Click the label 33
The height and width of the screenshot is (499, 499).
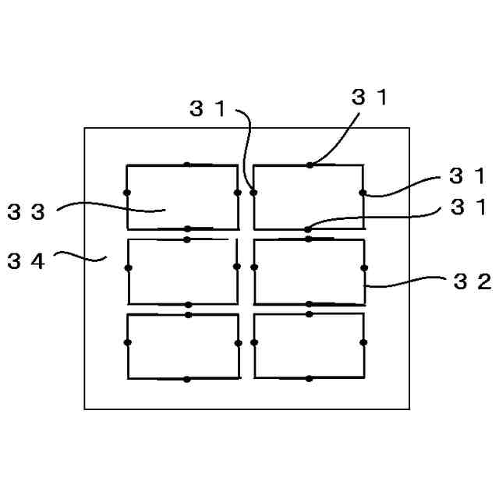pyautogui.click(x=27, y=212)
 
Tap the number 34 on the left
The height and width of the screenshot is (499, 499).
pyautogui.click(x=27, y=261)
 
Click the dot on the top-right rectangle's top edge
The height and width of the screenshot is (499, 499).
pyautogui.click(x=310, y=165)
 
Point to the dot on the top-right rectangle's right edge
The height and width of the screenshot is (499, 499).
pyautogui.click(x=363, y=193)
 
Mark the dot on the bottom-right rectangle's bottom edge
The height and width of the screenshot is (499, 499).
pyautogui.click(x=310, y=379)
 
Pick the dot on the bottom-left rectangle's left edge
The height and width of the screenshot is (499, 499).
pyautogui.click(x=127, y=342)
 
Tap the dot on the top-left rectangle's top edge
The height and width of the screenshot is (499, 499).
pyautogui.click(x=186, y=165)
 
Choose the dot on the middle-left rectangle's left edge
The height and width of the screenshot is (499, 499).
pyautogui.click(x=128, y=267)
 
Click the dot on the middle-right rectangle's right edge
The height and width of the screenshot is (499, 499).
pyautogui.click(x=364, y=267)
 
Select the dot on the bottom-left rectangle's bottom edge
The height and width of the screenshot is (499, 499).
pyautogui.click(x=186, y=380)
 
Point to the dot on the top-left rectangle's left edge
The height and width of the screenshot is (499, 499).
pyautogui.click(x=126, y=193)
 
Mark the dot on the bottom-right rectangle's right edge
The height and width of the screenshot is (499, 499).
pyautogui.click(x=363, y=342)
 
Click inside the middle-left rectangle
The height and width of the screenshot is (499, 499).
pyautogui.click(x=182, y=271)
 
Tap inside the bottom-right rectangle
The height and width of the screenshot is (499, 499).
pyautogui.click(x=309, y=346)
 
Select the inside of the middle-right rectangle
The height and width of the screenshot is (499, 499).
pyautogui.click(x=309, y=271)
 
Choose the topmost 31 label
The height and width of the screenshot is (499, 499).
pyautogui.click(x=370, y=98)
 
